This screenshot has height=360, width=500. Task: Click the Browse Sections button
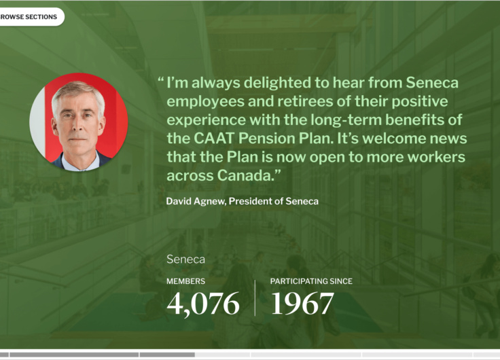pos(31,17)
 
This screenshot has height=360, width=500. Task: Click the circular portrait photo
pos(79,122)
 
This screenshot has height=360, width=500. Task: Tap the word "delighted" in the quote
pos(277,83)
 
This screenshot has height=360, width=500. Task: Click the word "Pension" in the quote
pos(266,139)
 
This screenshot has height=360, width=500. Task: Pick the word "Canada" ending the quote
pos(245,175)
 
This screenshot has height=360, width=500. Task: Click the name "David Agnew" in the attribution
pos(195,202)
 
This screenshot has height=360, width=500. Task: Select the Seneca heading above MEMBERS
pos(185,259)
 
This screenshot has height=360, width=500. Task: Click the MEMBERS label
pos(185,281)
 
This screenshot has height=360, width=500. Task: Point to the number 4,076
pos(203,304)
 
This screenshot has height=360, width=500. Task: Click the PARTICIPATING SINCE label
pos(311,281)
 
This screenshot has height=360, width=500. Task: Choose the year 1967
pos(302,304)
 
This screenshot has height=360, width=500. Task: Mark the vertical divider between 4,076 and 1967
pos(255,298)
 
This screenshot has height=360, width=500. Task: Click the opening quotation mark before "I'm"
pos(161,79)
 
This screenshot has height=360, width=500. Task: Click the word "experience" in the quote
pos(207,121)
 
